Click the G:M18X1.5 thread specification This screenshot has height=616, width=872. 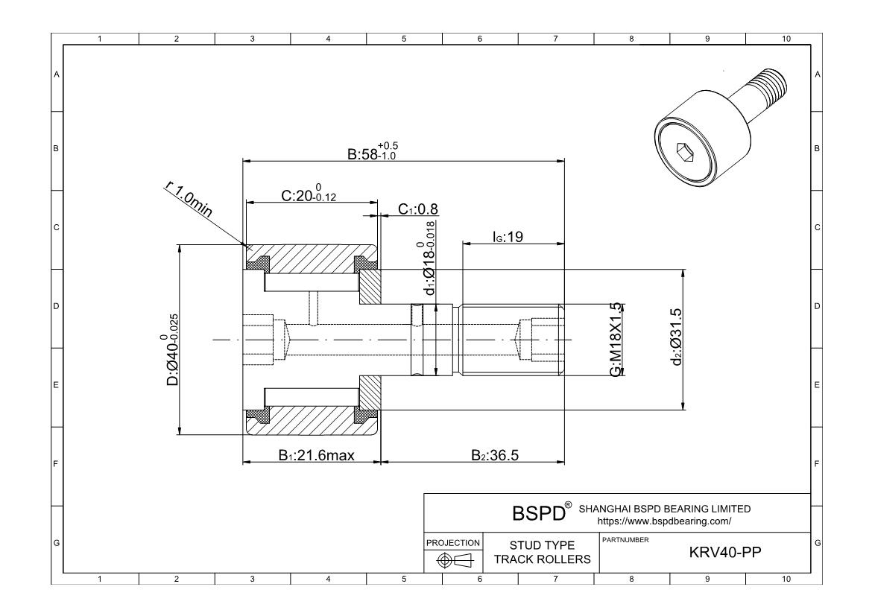[x=616, y=339]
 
